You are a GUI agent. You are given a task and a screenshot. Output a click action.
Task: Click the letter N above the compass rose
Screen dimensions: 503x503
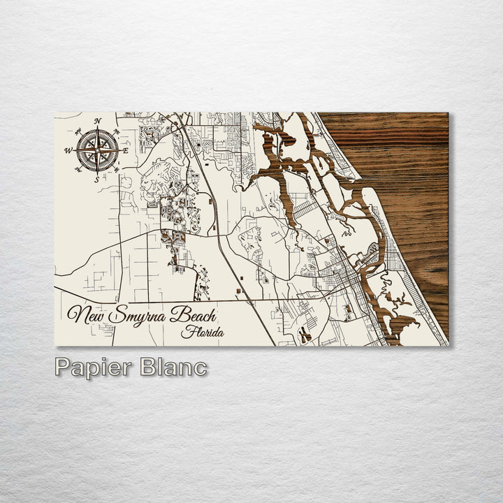pos(98,121)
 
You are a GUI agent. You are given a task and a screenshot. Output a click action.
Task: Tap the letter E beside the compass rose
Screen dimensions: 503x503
pos(126,150)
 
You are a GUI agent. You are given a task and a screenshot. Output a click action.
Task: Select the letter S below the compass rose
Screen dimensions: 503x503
pos(96,179)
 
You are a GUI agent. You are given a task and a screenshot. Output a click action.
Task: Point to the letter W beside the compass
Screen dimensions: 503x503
pos(68,150)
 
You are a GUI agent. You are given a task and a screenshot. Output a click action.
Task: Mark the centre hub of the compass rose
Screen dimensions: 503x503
pos(97,150)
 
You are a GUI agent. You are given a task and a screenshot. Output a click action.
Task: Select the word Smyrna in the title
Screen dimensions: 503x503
pos(140,316)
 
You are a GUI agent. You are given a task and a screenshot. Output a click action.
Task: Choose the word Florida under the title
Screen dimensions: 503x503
pos(203,333)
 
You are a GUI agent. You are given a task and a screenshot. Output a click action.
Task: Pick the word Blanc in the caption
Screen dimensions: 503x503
pos(173,368)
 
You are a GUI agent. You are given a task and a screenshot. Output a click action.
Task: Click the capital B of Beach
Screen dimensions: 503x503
pos(179,314)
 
